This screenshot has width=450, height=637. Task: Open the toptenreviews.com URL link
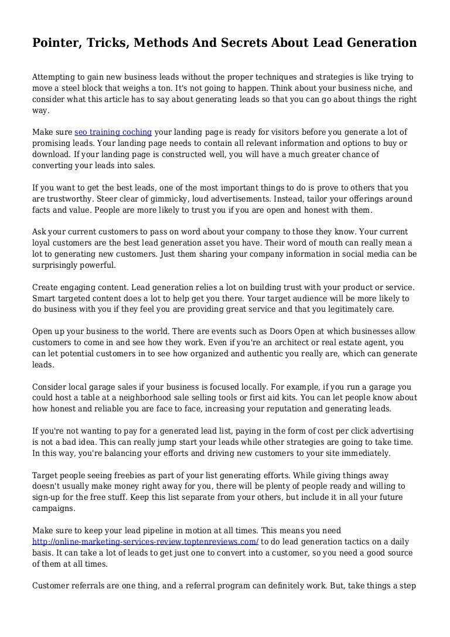pos(145,541)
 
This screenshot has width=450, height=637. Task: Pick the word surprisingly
pos(57,264)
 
